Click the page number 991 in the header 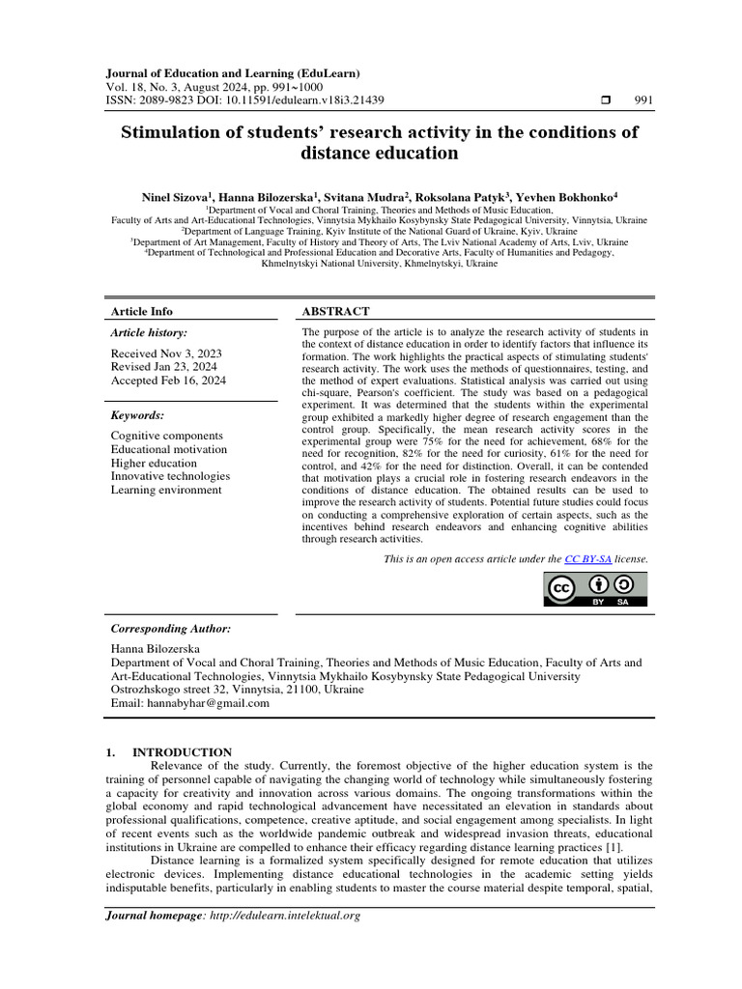[644, 100]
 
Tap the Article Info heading [142, 311]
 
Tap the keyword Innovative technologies [170, 476]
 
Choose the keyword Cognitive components [166, 436]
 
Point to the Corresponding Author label [171, 629]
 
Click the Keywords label [137, 415]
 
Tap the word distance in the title [341, 153]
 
